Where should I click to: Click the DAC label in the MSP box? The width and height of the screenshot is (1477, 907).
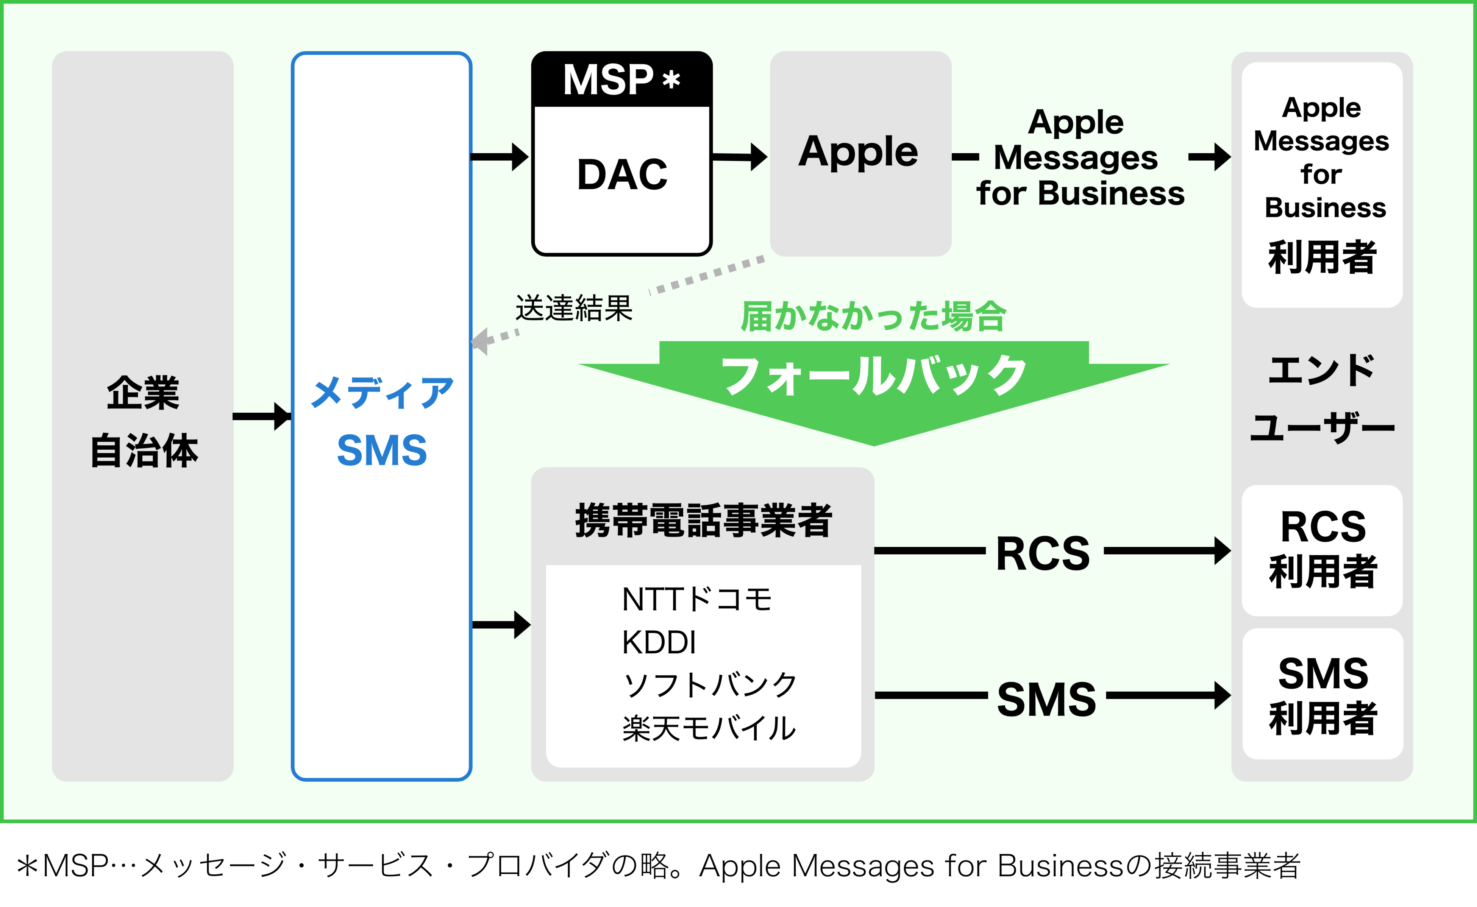(x=622, y=175)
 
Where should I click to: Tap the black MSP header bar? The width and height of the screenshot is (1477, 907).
(x=622, y=79)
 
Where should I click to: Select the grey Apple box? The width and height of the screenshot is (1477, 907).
(x=860, y=154)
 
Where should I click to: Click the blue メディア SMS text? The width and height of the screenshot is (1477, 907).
(x=382, y=422)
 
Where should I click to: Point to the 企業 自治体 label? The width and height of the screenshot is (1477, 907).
(x=144, y=422)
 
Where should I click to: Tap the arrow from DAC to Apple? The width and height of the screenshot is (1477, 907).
(x=739, y=157)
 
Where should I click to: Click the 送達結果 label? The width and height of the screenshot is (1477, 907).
(x=574, y=309)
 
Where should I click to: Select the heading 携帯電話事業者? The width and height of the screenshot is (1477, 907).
(x=703, y=520)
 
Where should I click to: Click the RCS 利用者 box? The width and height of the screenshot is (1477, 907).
(x=1322, y=550)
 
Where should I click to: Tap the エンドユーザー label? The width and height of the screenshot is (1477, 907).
(x=1322, y=398)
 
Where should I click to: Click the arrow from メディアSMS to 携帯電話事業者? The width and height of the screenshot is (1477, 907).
(x=501, y=625)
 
